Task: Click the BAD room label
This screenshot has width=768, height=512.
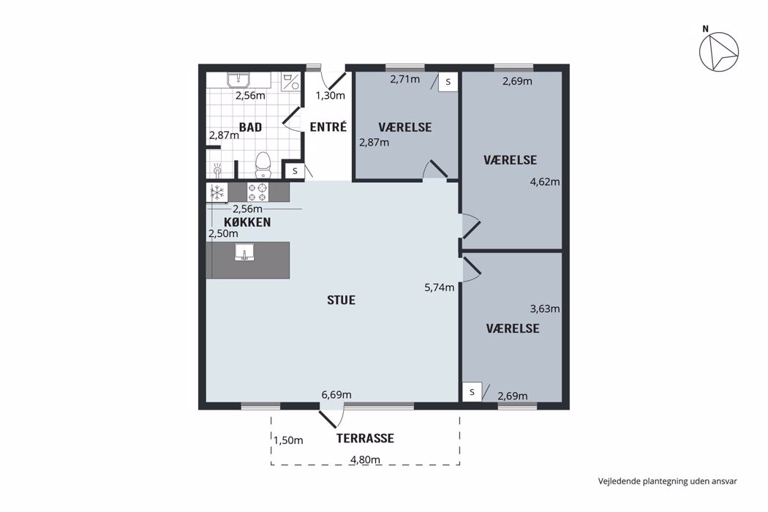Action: click(250, 127)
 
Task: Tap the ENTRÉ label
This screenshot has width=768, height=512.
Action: click(328, 127)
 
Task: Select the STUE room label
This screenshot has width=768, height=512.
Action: click(341, 300)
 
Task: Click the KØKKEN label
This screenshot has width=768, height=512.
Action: click(247, 222)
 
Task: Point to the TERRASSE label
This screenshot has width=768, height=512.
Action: click(365, 438)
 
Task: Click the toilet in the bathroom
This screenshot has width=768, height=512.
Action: click(263, 165)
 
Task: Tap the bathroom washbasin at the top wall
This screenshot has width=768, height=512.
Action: click(238, 80)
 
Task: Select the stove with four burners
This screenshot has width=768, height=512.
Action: click(257, 192)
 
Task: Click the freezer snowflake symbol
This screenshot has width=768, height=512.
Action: click(217, 192)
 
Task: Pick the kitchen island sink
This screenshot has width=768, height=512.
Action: click(244, 252)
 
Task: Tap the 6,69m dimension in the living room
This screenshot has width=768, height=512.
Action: click(336, 394)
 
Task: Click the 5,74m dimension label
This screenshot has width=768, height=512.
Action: click(440, 287)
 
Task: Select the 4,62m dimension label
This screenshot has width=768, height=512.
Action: click(545, 182)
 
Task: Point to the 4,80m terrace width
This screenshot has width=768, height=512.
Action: click(365, 459)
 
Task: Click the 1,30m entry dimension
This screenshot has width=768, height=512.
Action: click(330, 96)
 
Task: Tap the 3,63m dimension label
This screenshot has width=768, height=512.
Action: click(545, 309)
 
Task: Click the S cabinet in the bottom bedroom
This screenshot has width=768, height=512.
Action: click(473, 392)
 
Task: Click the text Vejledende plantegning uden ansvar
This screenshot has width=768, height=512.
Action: click(668, 481)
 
